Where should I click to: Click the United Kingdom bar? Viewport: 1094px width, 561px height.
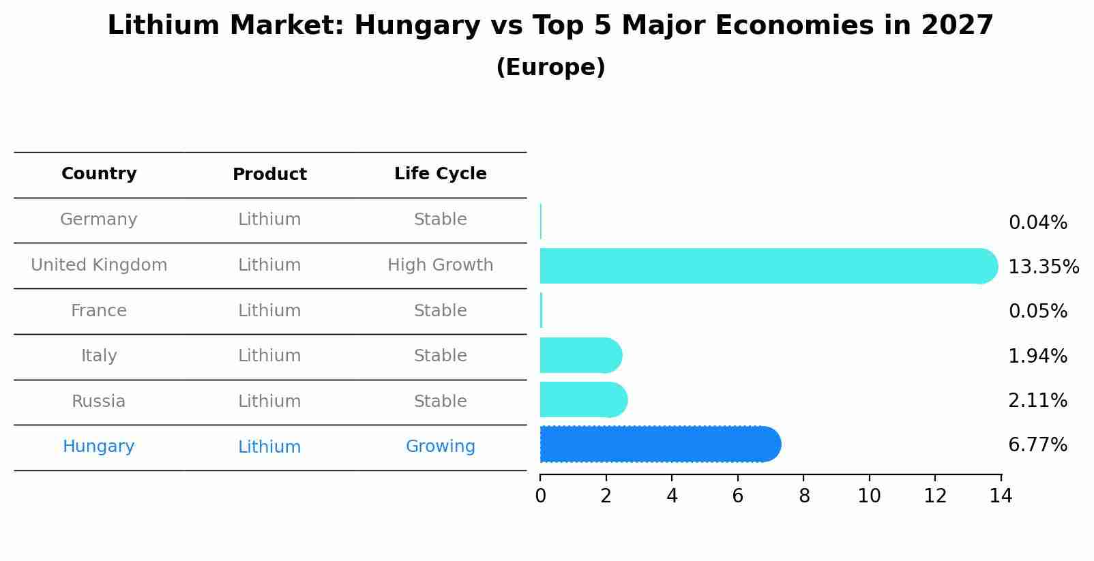pos(764,266)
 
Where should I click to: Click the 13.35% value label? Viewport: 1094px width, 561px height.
pos(1043,267)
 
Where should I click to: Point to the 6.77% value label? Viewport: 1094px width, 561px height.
pos(1037,445)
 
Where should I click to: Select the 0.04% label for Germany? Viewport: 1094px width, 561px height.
pos(1037,222)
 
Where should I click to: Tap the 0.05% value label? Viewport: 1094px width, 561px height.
pos(1037,311)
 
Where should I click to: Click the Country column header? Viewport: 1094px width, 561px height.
pos(99,174)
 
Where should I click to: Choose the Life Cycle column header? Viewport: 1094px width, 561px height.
pos(440,174)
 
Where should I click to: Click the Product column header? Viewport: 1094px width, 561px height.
pos(269,175)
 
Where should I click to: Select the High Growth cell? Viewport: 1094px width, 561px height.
pos(440,265)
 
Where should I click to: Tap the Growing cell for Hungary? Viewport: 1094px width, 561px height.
pos(440,446)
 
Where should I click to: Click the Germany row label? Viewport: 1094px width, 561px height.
pos(99,219)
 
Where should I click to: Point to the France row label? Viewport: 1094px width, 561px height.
pos(99,311)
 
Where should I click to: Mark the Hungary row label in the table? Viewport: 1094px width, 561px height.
pos(99,446)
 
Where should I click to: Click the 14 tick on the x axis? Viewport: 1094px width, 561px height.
pos(1001,496)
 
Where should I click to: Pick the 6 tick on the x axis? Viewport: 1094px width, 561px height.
pos(737,496)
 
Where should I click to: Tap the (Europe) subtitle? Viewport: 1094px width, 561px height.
pos(550,67)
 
